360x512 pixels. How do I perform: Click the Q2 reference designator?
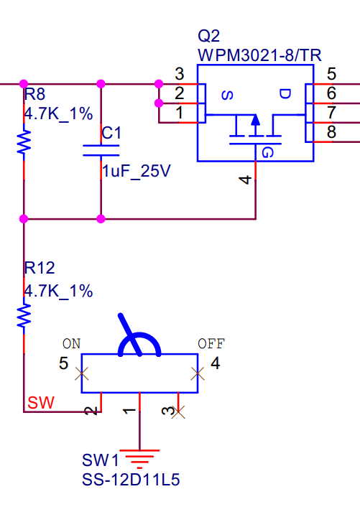208,37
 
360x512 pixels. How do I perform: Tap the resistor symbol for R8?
24,141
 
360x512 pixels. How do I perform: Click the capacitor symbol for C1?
101,149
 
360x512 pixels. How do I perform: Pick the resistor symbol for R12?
24,315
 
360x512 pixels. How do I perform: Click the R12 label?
40,269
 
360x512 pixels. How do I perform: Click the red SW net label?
40,403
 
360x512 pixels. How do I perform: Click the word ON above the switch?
72,344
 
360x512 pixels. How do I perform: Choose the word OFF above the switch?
211,344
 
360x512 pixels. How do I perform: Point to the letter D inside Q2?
285,95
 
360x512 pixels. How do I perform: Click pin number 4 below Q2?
245,180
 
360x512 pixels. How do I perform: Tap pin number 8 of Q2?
331,132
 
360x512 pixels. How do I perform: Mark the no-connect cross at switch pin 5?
82,373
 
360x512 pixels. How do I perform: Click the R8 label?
34,94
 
